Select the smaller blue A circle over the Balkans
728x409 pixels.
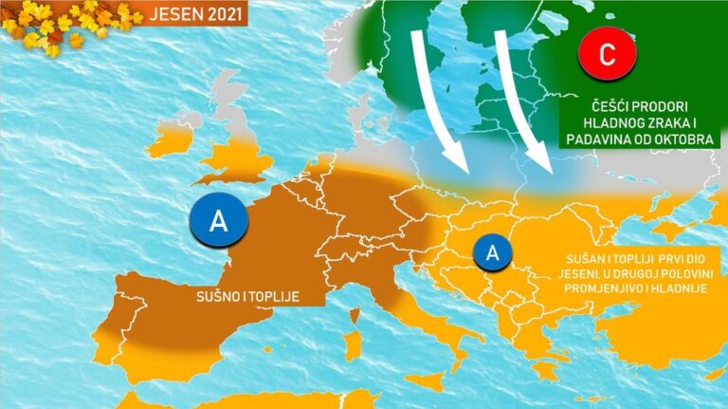coord(492,252)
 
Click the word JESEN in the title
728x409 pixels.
coord(179,14)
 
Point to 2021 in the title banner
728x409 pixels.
coord(223,14)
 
